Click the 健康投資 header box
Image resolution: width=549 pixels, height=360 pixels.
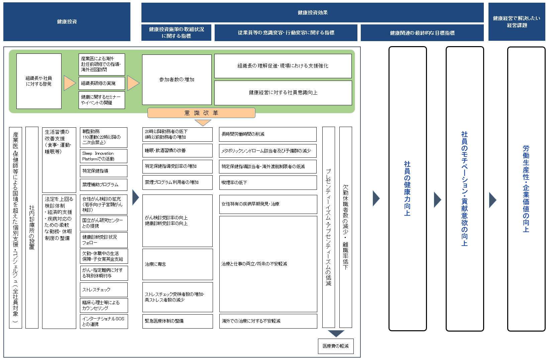pos(67,22)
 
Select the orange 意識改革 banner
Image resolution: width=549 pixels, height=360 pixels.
pos(201,113)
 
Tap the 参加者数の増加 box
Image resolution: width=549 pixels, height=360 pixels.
pos(177,80)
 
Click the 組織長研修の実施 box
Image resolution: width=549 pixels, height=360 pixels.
pos(102,83)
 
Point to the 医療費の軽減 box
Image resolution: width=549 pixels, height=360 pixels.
pos(336,346)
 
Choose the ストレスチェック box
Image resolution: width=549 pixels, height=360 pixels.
pos(104,290)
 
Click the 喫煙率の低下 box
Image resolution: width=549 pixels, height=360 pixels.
pos(268,183)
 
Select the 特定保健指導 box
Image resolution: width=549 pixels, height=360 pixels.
pos(103,171)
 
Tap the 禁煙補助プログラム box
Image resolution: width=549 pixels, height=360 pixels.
pos(103,185)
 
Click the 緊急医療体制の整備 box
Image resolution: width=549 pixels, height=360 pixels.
pos(178,321)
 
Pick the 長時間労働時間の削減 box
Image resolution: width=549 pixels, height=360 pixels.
pos(267,134)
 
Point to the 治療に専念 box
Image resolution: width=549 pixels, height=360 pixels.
pos(178,264)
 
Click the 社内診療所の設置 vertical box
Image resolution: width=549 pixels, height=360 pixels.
pos(32,227)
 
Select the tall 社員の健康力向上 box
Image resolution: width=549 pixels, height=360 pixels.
pos(408,189)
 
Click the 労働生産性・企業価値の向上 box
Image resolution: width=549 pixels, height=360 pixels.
pos(526,189)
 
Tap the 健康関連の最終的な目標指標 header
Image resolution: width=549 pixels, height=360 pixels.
pos(422,33)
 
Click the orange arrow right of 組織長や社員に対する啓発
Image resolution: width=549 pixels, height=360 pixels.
pos(70,83)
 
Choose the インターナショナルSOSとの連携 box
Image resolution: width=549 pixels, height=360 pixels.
pos(104,322)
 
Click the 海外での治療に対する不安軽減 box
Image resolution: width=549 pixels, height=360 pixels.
pos(268,321)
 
